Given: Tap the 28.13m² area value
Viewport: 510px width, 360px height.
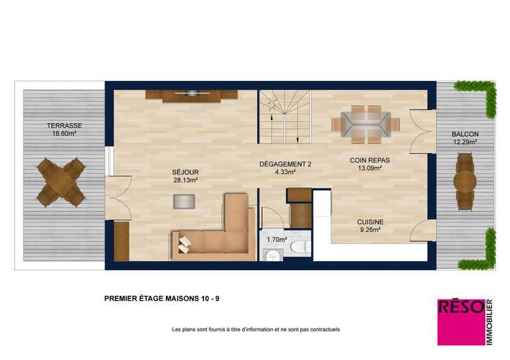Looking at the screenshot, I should pos(186,180).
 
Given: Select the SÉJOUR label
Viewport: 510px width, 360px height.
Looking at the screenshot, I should pos(186,172).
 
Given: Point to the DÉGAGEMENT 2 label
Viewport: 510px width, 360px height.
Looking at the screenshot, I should pos(285,164).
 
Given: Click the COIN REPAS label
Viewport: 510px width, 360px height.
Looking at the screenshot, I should pos(370,161).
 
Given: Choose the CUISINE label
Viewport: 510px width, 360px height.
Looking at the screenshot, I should pos(370,222).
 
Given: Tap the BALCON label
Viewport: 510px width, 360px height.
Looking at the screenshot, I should pos(465,134).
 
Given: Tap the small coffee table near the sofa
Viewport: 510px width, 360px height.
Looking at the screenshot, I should pos(184,201).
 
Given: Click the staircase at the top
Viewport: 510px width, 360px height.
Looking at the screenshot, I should pos(284,118).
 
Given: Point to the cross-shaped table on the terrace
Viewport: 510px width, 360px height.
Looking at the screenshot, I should pos(61,182).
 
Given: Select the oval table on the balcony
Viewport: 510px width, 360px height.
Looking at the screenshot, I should pos(465,182).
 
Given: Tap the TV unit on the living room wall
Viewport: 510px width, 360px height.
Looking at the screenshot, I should pos(191,96).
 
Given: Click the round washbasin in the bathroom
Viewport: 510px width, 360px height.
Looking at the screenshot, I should pos(272,256).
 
